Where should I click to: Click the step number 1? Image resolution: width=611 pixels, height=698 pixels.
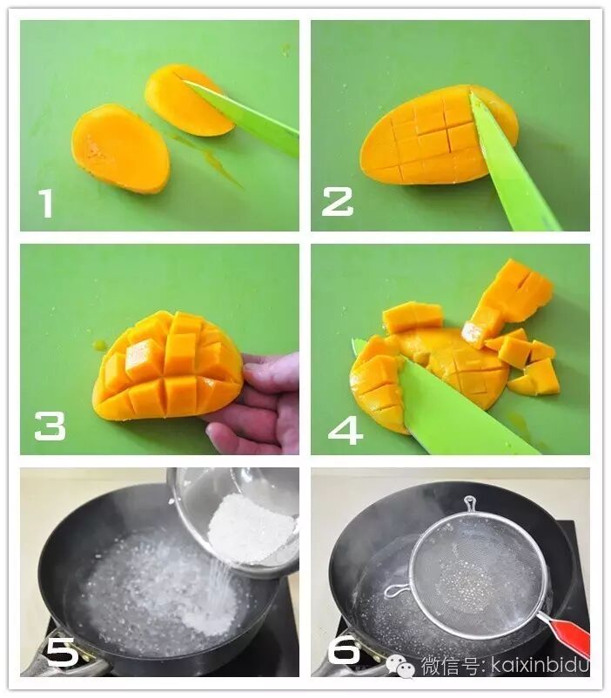pos(45,204)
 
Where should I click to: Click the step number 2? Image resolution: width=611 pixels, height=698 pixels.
pos(337,202)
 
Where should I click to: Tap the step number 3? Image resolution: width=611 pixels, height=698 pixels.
pos(50,426)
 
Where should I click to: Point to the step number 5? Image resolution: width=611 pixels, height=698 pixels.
pos(63,651)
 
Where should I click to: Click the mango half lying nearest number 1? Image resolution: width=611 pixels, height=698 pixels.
pos(121,148)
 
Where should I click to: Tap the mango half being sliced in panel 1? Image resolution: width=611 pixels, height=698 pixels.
pos(189,100)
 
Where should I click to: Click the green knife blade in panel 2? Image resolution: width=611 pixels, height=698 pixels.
pos(512,164)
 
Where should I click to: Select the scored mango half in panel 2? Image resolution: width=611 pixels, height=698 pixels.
pos(439,135)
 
